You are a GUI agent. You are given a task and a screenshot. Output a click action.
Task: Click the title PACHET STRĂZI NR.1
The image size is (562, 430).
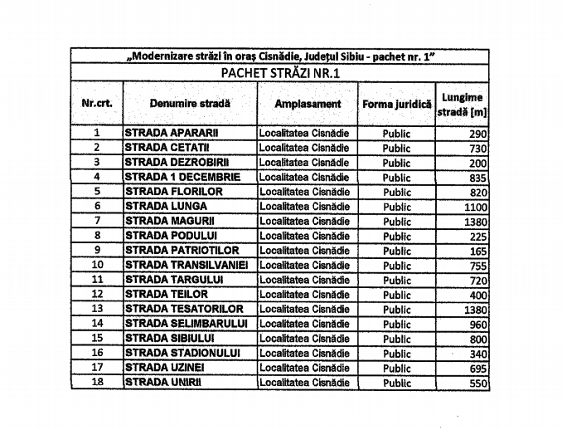[x=281, y=73]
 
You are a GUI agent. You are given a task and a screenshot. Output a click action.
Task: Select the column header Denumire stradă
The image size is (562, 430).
[x=190, y=105]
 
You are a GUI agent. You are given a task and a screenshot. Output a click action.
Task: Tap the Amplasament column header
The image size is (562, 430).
[x=308, y=105]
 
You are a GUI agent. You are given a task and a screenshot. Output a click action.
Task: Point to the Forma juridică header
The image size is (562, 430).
[x=397, y=105]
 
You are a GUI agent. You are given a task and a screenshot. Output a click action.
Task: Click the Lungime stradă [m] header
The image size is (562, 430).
[x=462, y=105]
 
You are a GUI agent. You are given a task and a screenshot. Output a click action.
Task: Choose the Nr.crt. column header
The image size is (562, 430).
[x=97, y=105]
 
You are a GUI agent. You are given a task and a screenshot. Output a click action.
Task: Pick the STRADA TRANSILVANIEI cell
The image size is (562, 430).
[x=191, y=266]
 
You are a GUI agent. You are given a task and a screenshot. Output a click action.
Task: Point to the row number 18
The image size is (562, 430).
[x=97, y=383]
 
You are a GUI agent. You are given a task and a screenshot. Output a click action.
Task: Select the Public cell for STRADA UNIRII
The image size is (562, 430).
[x=397, y=384]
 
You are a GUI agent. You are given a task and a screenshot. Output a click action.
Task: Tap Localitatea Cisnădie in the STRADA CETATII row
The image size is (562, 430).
[x=304, y=148]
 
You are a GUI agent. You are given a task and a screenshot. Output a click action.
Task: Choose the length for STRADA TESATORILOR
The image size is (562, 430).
[x=475, y=310]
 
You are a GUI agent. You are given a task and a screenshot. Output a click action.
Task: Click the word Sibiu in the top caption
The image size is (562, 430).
[x=344, y=56]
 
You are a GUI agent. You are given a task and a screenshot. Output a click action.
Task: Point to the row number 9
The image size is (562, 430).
[x=97, y=251]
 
